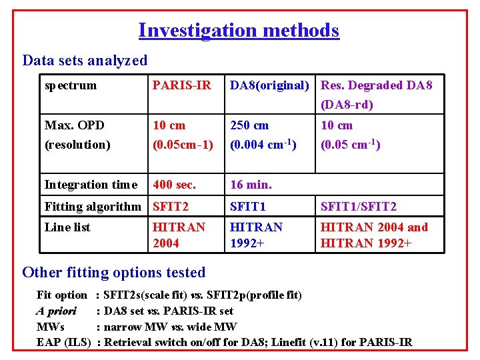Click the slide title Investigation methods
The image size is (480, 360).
click(239, 31)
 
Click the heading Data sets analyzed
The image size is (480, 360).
click(85, 61)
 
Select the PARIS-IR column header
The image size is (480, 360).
click(181, 85)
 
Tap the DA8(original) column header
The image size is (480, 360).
click(269, 85)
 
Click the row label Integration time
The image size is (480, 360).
click(91, 185)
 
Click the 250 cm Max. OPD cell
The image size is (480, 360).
click(249, 125)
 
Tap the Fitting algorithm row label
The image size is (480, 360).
click(93, 207)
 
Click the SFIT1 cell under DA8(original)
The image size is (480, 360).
click(248, 207)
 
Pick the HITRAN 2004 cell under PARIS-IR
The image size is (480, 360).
click(179, 235)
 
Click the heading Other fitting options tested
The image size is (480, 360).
click(114, 273)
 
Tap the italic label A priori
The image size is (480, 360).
click(56, 311)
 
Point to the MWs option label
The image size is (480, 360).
click(51, 327)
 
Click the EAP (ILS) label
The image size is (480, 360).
click(63, 343)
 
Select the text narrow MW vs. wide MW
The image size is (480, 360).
click(170, 327)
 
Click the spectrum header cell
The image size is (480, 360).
click(70, 85)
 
